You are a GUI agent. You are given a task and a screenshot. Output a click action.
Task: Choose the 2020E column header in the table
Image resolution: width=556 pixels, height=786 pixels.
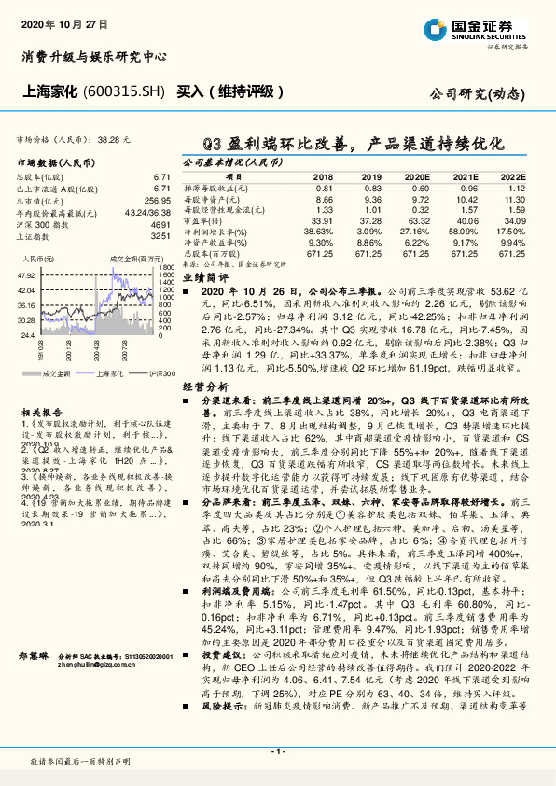pos(415,176)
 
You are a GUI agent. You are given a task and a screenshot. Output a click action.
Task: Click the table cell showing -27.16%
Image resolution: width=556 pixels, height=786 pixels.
pos(415,232)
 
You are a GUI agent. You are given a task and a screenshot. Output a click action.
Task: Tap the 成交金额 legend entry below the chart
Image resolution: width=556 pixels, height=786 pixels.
pos(56,374)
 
